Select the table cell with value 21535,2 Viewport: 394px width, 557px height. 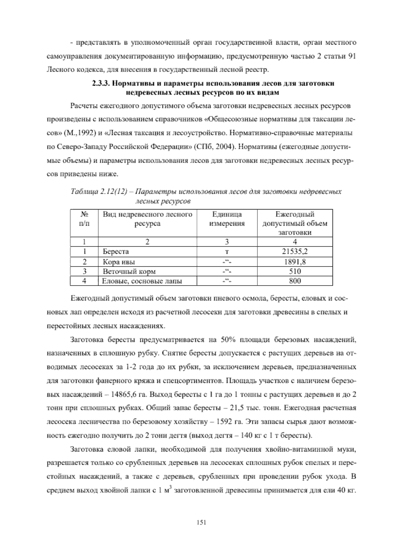(295, 252)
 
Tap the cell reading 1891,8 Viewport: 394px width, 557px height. (295, 261)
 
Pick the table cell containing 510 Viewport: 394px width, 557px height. (295, 271)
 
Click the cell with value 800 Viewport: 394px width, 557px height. (295, 281)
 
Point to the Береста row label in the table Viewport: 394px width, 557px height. (116, 252)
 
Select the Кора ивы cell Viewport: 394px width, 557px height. (119, 262)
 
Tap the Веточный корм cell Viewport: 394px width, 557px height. (129, 271)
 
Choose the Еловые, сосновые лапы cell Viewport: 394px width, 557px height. (142, 281)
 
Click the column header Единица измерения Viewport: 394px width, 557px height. (227, 219)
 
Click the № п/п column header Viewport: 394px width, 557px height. (84, 219)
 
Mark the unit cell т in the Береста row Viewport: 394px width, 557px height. (227, 252)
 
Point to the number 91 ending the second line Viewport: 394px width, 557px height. (352, 56)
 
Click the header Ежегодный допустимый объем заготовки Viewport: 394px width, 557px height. (295, 223)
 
